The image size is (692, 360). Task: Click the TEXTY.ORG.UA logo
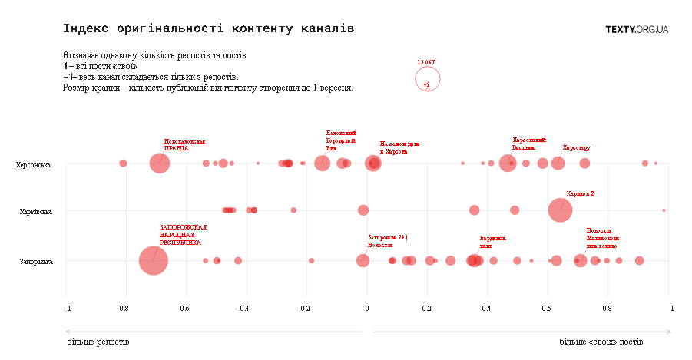(637, 29)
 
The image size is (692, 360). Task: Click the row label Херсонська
(34, 164)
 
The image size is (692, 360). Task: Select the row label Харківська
(35, 211)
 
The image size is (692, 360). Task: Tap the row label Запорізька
(35, 262)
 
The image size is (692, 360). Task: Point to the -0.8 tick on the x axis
(122, 309)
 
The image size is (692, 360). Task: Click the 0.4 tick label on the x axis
(487, 309)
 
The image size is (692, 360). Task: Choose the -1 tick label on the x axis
(68, 309)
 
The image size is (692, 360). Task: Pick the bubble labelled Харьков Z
(560, 210)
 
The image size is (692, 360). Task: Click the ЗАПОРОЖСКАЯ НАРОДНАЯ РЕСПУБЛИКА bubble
(153, 261)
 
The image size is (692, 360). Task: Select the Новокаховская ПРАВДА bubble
(159, 163)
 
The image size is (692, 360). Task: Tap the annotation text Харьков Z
(581, 194)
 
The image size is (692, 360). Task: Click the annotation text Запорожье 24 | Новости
(388, 241)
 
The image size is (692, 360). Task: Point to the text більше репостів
(98, 341)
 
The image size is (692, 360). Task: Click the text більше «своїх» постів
(601, 341)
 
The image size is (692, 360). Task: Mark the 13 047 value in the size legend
(426, 61)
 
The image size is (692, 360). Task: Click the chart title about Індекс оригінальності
(208, 29)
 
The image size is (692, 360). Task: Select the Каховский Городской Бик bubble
(323, 163)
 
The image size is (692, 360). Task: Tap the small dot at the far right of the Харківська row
(664, 210)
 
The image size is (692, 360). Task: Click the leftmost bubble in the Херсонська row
(123, 163)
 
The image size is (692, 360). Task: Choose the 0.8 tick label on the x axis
(607, 309)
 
